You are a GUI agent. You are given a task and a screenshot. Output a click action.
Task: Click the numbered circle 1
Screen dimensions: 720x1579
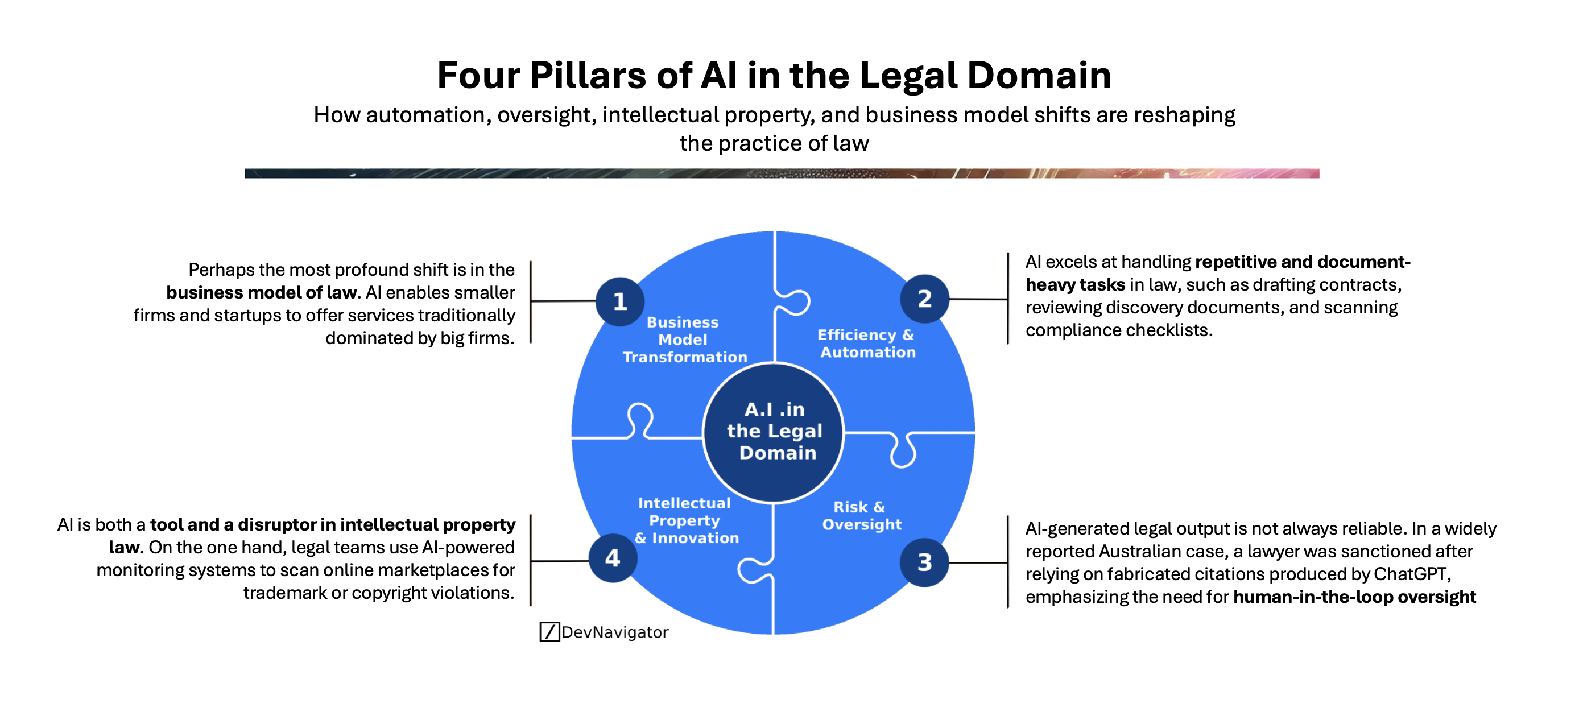(x=619, y=301)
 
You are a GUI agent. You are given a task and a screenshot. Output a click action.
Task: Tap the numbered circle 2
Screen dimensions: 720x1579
(x=924, y=299)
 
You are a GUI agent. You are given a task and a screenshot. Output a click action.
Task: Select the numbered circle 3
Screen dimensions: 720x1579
(x=924, y=562)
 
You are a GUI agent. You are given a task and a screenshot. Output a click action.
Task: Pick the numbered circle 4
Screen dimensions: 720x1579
(x=613, y=558)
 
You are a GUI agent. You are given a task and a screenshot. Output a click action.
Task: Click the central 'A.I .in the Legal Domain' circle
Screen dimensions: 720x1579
(x=774, y=432)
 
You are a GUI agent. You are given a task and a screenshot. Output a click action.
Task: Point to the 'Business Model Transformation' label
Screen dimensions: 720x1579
(x=684, y=340)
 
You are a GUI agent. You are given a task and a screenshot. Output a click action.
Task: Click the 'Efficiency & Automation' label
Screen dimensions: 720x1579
(x=867, y=343)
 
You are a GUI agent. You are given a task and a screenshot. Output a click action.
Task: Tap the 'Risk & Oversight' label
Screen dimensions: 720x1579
(x=861, y=515)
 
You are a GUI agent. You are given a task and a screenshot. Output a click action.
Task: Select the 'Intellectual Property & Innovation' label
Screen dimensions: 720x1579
(x=686, y=520)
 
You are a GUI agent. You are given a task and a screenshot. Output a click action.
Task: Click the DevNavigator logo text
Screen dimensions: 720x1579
(x=614, y=632)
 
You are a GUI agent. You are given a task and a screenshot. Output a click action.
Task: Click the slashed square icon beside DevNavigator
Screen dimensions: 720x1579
(x=549, y=632)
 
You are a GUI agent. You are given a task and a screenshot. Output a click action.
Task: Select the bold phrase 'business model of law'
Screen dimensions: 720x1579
(x=261, y=293)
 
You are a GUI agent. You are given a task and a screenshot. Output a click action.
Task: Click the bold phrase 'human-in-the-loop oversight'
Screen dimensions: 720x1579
(x=1354, y=597)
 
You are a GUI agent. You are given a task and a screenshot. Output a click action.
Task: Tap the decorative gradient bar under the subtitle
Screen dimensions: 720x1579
(x=782, y=173)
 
